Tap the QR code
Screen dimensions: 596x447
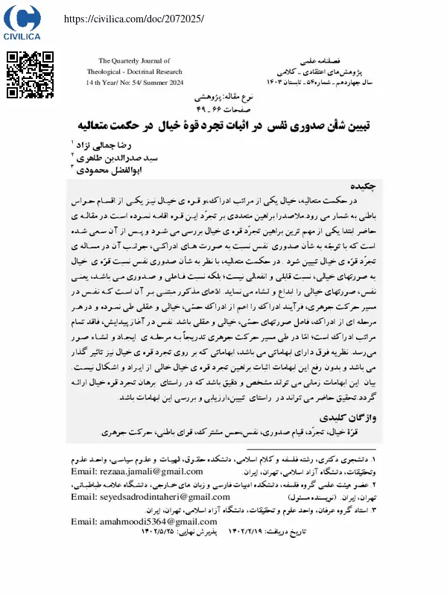(30, 74)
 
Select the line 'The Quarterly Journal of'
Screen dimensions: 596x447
(134, 60)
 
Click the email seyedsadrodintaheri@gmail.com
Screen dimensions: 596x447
(139, 496)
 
